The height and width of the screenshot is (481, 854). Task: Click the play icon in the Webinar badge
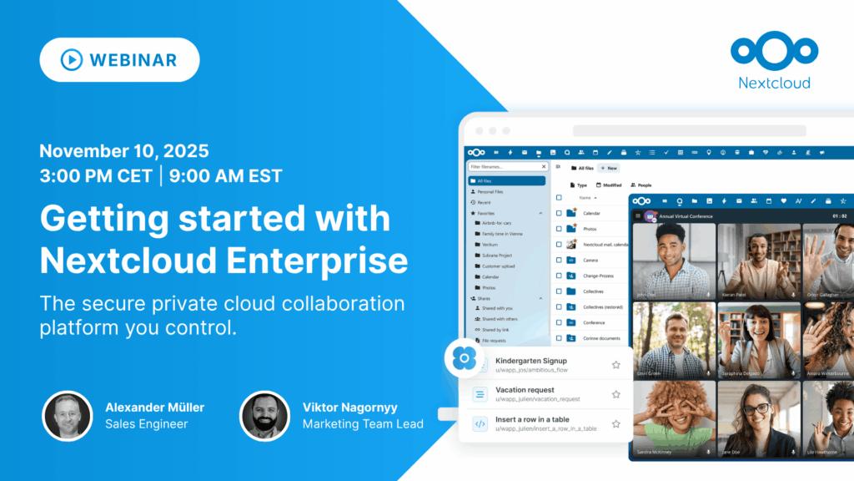click(71, 60)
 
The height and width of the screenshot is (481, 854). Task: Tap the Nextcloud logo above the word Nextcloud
click(774, 49)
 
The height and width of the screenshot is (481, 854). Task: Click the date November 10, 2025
click(123, 152)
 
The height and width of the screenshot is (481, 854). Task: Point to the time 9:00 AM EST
click(225, 176)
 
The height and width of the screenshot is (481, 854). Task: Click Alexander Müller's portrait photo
click(68, 416)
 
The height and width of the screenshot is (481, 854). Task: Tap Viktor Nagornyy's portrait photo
click(264, 416)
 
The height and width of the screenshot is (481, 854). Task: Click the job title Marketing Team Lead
click(363, 424)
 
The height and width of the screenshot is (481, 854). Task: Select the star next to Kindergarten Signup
click(616, 365)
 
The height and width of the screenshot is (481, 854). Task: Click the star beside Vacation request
click(616, 394)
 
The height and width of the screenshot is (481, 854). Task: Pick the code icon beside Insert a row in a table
click(480, 423)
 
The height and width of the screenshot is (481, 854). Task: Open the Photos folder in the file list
click(590, 229)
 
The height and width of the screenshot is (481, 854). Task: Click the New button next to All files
click(608, 168)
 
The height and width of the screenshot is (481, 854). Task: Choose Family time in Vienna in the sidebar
click(500, 234)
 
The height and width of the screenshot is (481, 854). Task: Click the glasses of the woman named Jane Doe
click(756, 410)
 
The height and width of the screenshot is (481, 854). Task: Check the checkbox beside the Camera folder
click(557, 260)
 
